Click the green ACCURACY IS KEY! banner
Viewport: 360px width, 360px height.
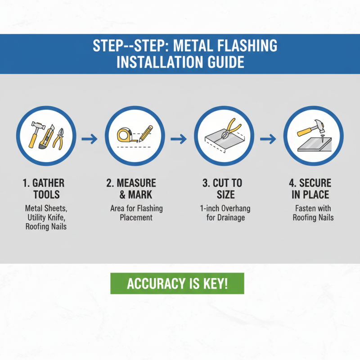tap(177, 283)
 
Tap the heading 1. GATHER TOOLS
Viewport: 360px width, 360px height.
tap(43, 189)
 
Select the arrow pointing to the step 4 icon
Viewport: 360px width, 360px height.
tap(268, 139)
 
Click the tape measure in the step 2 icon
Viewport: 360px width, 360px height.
tap(124, 134)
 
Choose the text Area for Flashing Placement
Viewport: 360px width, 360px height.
tap(136, 213)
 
